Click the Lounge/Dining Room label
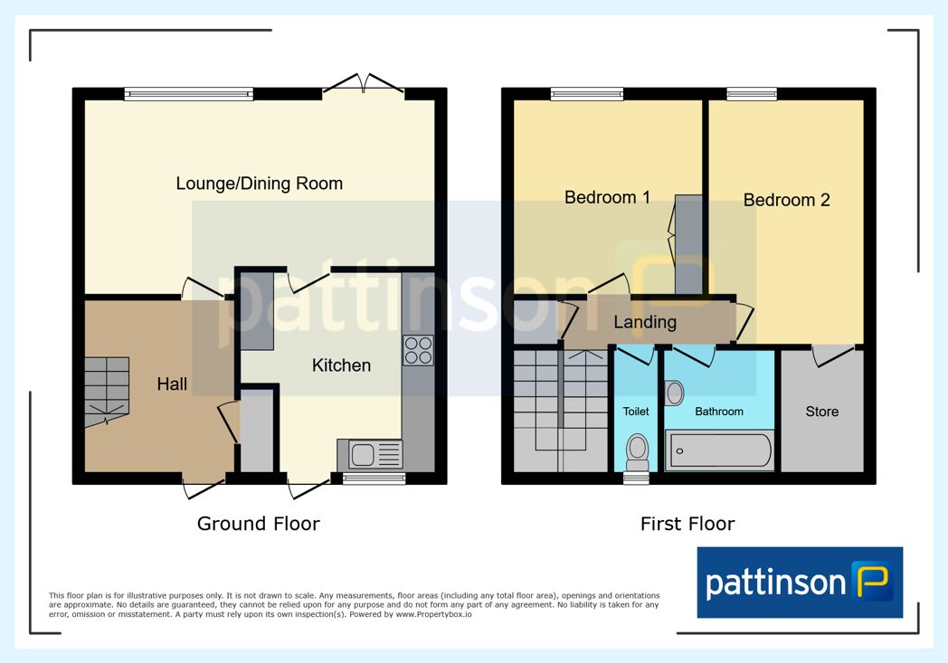point(260,184)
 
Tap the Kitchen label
point(341,365)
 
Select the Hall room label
point(172,384)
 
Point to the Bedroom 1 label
point(607,197)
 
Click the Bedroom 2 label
point(787,200)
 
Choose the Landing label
point(645,322)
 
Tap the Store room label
point(821,412)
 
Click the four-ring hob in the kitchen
point(419,351)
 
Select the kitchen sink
point(369,454)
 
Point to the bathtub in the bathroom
point(719,450)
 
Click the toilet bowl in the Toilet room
point(637,450)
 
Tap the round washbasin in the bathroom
point(674,393)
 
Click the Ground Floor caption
point(258,524)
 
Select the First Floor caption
point(687,524)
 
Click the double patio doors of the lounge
point(364,84)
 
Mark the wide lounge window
point(189,94)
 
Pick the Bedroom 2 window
point(752,94)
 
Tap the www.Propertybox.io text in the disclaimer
point(433,615)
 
